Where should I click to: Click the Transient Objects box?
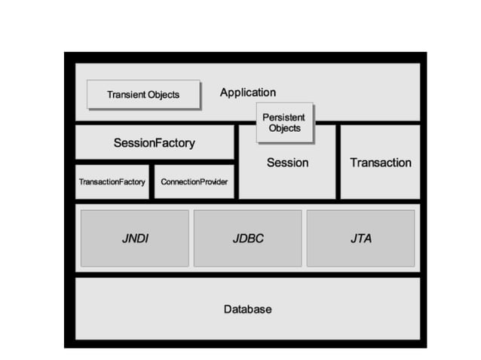(x=143, y=95)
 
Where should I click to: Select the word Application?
(x=247, y=93)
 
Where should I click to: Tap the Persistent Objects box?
(x=286, y=122)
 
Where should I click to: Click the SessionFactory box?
(x=154, y=142)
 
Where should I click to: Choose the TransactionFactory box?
(x=112, y=182)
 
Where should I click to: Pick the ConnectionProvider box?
(x=194, y=182)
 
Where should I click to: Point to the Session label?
(x=287, y=163)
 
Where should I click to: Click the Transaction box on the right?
(x=380, y=163)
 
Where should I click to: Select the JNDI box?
(x=134, y=238)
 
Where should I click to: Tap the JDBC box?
(x=247, y=238)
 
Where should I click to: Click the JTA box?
(x=360, y=238)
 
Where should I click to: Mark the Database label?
(x=247, y=309)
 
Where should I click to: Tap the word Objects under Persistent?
(x=286, y=128)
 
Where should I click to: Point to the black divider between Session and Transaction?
(x=338, y=162)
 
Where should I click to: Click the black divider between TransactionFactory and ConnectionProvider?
(x=152, y=182)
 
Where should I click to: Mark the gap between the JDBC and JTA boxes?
(x=304, y=238)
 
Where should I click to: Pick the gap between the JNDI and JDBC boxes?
(x=191, y=238)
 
